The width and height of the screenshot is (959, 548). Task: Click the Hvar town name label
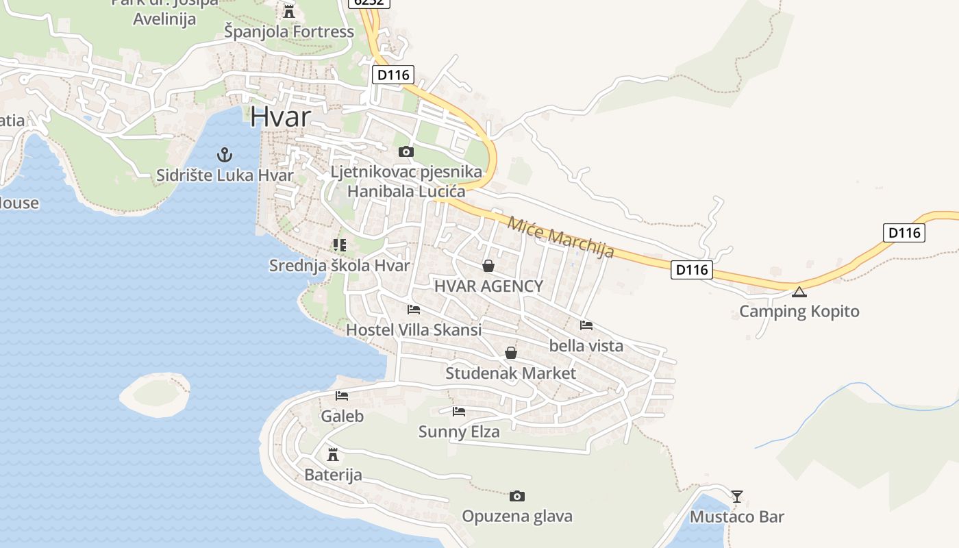point(280,116)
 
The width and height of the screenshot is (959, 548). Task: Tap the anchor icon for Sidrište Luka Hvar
point(225,155)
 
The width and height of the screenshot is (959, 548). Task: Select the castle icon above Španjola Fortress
point(289,11)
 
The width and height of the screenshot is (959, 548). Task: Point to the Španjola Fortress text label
point(289,32)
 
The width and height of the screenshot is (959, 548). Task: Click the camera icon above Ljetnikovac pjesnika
point(406,151)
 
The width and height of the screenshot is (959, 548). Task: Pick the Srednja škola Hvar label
point(339,266)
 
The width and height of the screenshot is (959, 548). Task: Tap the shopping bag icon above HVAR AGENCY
point(488,266)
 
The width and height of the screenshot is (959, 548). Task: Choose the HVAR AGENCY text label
point(488,286)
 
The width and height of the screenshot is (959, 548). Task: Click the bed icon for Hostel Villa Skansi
point(414,310)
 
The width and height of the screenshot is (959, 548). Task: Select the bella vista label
point(586,346)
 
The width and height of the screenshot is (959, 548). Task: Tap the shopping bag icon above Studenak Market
point(511,353)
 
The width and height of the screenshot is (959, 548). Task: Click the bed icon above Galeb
point(342,396)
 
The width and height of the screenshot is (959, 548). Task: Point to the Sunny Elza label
point(459,432)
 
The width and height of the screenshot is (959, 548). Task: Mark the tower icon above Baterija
point(333,454)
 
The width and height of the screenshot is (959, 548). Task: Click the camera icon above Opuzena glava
point(517,496)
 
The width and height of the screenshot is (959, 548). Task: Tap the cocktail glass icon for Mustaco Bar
point(737,496)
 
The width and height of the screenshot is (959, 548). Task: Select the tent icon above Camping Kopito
point(799,292)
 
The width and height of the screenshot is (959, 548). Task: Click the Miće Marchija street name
point(561,237)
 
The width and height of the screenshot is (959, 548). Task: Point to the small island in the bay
point(155,394)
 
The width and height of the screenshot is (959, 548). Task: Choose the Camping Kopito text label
point(799,312)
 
